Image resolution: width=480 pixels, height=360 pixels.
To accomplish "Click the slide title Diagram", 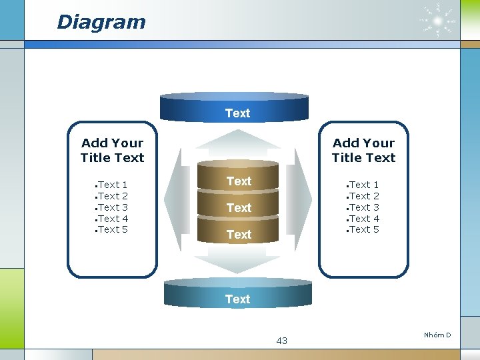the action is point(101,22).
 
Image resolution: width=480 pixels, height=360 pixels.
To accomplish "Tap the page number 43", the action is point(281,341).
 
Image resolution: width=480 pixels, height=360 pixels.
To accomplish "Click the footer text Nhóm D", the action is point(437,335).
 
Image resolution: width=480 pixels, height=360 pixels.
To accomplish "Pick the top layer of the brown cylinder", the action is point(239,180).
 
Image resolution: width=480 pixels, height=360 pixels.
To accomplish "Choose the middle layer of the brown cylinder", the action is point(239,207).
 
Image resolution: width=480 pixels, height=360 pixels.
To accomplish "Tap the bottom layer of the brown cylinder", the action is point(239,234).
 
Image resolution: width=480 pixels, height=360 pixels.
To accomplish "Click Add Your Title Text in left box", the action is point(112,150).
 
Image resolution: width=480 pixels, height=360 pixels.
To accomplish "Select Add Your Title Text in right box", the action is point(363,150).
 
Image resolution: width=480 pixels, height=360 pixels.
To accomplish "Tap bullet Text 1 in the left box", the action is point(113,185).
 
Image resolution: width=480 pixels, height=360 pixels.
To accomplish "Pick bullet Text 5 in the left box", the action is point(113,229).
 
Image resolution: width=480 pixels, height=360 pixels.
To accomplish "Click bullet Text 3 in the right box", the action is point(364,207).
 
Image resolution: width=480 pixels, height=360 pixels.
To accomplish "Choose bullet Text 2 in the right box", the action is point(364,196).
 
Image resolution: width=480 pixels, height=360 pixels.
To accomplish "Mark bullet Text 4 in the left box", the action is point(113,218).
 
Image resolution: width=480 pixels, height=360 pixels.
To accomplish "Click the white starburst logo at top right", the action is point(438,21).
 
